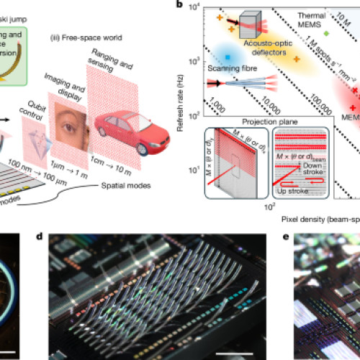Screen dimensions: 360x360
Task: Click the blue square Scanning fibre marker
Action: click(x=227, y=56)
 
